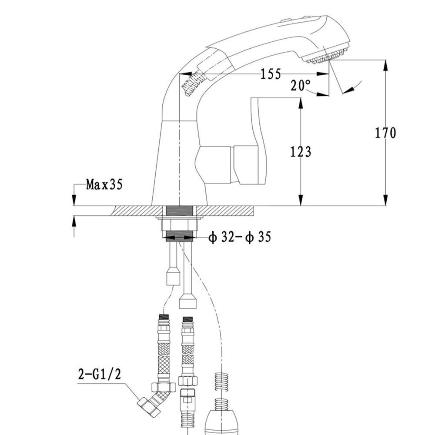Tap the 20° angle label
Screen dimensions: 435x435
pos(301,85)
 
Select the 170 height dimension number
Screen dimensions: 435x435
pos(385,132)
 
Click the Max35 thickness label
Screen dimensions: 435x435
pos(104,185)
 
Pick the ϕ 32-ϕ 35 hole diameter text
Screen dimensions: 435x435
pos(239,238)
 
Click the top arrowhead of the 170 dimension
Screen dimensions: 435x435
pos(385,64)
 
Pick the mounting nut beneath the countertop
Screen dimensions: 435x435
pos(180,226)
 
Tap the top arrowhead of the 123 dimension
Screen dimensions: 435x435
pos(301,102)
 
